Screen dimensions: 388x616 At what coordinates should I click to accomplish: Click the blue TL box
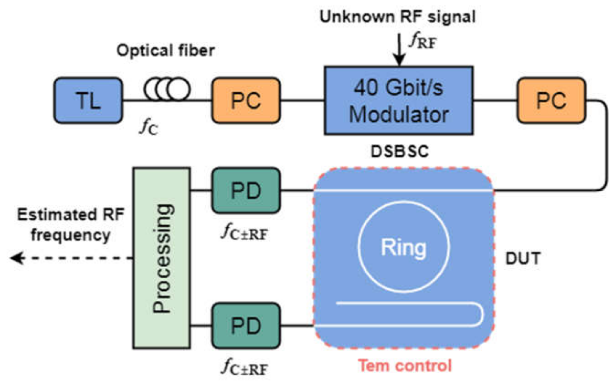coord(88,100)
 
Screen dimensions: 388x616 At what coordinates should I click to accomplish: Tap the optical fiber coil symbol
coord(167,89)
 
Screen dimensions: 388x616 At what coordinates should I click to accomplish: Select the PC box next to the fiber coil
coord(246,100)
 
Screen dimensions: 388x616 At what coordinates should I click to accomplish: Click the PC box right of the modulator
coord(551,100)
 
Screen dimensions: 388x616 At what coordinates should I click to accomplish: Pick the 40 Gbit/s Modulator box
coord(398,100)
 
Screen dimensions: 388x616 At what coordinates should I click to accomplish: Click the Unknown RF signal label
coord(398,17)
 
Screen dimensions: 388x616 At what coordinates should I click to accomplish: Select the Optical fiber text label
coord(165,50)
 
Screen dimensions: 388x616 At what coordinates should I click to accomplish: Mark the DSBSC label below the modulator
coord(400,151)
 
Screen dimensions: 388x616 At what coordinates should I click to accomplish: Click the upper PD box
coord(246,190)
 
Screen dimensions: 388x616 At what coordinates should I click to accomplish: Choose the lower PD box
coord(246,325)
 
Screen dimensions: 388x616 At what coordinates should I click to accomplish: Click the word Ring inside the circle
coord(404,247)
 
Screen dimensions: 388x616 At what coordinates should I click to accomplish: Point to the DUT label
coord(523,258)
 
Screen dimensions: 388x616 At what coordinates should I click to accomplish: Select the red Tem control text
coord(405,365)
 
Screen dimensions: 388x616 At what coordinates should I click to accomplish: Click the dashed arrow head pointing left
coord(17,258)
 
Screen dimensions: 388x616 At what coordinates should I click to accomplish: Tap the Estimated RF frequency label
coord(70,224)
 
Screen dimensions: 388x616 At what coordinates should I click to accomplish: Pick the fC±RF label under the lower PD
coord(244,367)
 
